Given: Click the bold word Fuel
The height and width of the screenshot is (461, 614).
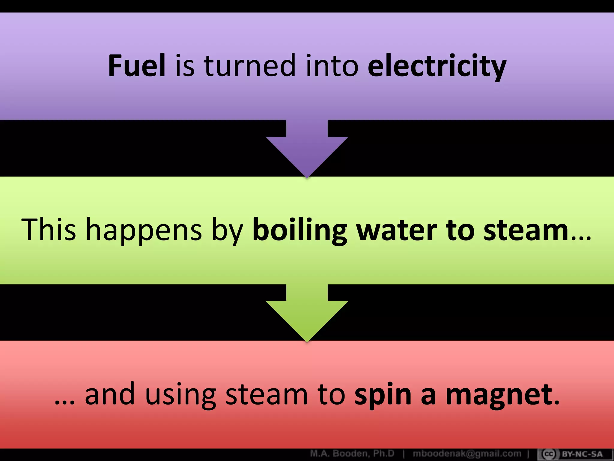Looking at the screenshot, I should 137,65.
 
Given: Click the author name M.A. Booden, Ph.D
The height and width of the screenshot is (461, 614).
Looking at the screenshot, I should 352,453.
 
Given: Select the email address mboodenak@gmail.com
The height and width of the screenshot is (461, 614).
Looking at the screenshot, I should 467,453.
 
